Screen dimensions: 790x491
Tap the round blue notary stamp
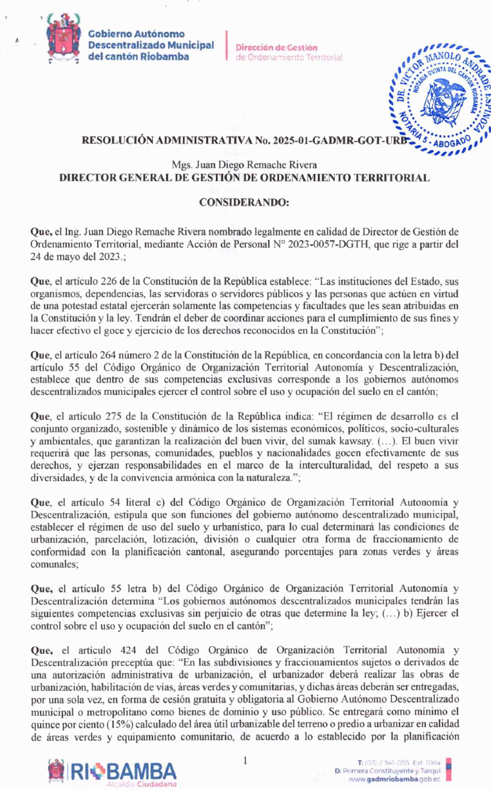tap(442, 98)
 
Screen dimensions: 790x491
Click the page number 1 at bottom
tap(245, 761)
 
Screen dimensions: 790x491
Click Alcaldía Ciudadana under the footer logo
tap(141, 784)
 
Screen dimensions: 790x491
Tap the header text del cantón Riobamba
tap(139, 56)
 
